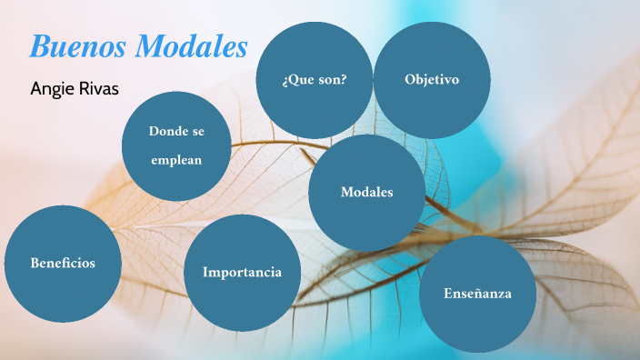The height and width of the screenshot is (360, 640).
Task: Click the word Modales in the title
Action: pos(192,47)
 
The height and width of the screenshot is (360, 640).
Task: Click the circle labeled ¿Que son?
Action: pos(315,80)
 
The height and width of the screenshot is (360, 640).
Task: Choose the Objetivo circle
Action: pos(432,80)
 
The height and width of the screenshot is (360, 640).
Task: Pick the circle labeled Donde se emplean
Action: pos(176,145)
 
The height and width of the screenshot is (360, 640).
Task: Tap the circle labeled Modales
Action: pos(366,193)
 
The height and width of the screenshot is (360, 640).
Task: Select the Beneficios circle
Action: pos(62,263)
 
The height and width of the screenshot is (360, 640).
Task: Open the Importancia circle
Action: pos(242,272)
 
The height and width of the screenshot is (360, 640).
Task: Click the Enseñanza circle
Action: pos(477,294)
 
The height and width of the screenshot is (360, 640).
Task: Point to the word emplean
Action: pos(176,160)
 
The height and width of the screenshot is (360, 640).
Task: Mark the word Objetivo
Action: pos(432,80)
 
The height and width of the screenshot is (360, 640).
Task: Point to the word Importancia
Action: pos(242,272)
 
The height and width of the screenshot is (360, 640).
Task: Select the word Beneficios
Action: pos(62,263)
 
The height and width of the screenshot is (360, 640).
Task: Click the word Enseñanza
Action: pos(477,294)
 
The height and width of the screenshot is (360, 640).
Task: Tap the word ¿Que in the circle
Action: pos(297,80)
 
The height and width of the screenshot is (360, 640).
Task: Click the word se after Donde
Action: pos(198,131)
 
